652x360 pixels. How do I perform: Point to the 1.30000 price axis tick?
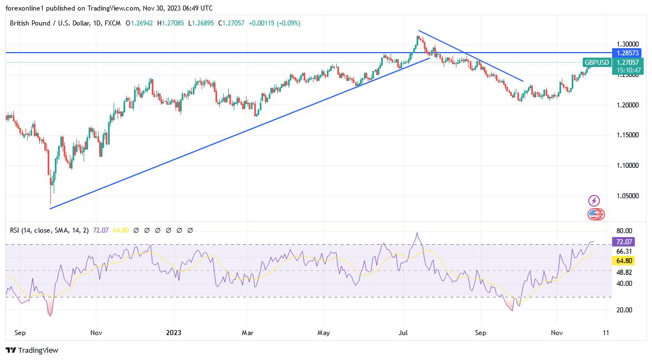(628, 44)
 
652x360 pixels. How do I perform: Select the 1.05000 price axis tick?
(628, 196)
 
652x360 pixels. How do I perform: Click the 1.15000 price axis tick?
(628, 135)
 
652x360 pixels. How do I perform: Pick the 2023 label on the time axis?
(173, 333)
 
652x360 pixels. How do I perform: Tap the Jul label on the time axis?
(404, 333)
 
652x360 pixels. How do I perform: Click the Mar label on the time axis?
(248, 333)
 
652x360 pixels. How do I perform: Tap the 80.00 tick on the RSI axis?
(625, 231)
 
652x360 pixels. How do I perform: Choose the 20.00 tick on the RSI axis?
(625, 310)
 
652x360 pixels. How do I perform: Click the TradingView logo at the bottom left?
(32, 350)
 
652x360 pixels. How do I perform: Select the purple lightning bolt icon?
(594, 200)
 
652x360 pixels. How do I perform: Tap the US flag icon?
(593, 214)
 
